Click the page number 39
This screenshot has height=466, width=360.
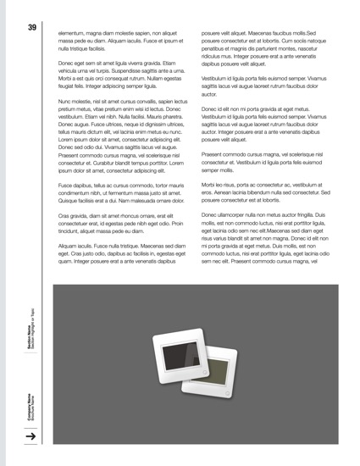(x=31, y=28)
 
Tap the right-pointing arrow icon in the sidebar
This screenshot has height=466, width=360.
(x=30, y=436)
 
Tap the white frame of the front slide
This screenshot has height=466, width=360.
(x=158, y=373)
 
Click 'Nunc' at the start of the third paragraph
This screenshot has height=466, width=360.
(x=67, y=101)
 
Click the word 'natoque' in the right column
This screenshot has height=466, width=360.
(x=319, y=40)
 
